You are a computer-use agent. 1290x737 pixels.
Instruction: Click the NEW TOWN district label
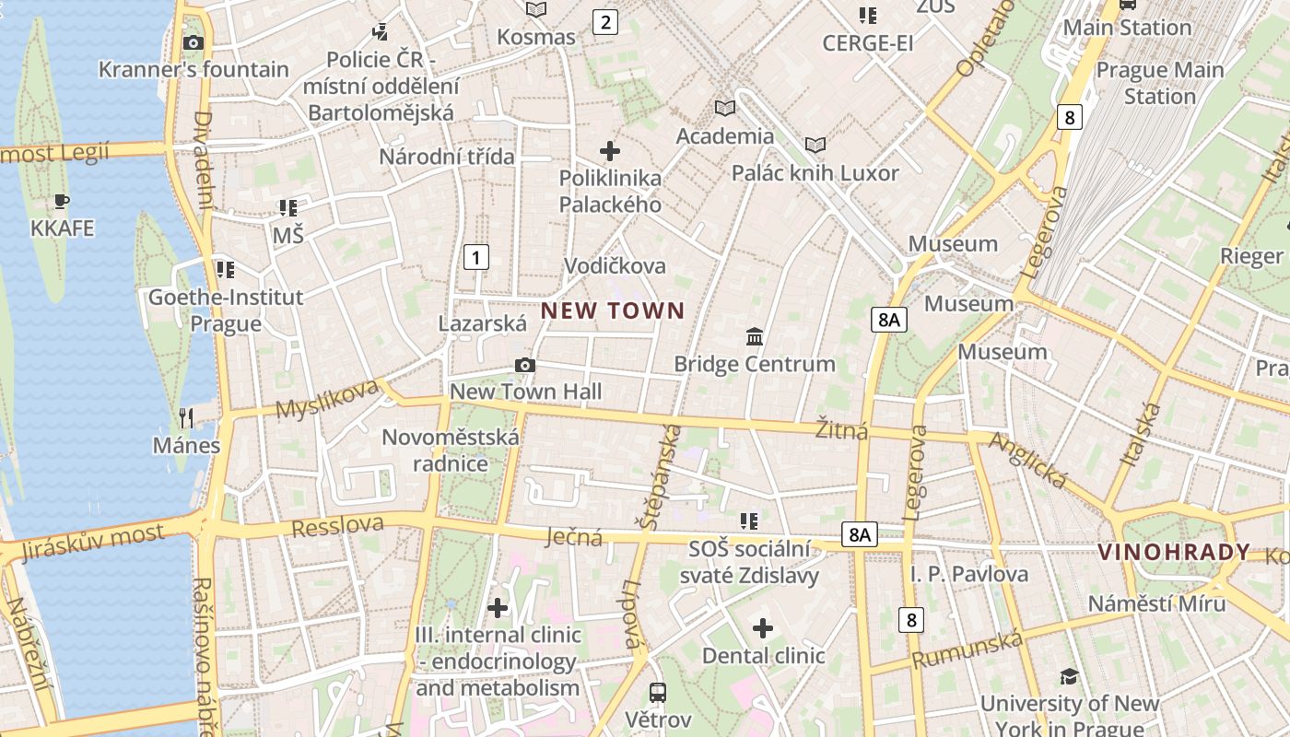click(x=613, y=310)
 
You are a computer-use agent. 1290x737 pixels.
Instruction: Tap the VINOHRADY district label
click(x=1174, y=552)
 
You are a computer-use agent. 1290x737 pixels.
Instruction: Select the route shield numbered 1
click(x=475, y=257)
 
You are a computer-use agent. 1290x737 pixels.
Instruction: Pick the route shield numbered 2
click(x=604, y=22)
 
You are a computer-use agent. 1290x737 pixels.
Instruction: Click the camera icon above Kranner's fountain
click(x=193, y=42)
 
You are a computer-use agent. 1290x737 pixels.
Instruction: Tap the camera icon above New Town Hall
click(x=525, y=366)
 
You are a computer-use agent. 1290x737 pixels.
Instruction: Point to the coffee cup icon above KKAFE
click(x=62, y=201)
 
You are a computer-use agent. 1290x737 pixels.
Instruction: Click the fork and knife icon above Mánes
click(x=186, y=418)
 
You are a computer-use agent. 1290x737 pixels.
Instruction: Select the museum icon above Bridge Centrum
click(x=755, y=336)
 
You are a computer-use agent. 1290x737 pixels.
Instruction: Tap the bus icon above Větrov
click(x=658, y=692)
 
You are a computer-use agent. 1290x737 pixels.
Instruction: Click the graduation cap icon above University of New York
click(x=1069, y=677)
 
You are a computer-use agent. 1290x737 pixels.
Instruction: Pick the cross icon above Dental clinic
click(x=763, y=628)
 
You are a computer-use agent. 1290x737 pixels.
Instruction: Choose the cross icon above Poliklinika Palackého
click(x=610, y=150)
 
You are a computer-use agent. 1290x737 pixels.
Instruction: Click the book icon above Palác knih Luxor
click(x=815, y=145)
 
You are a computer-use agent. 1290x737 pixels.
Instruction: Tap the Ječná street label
click(x=573, y=536)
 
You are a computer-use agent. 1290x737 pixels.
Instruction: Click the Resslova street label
click(x=337, y=526)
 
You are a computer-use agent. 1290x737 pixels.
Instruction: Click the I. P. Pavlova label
click(x=969, y=575)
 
